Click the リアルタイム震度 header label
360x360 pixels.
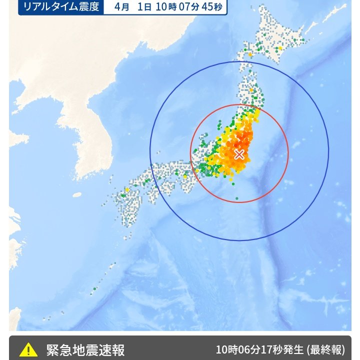pyautogui.click(x=61, y=7)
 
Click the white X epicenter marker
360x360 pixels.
pyautogui.click(x=239, y=154)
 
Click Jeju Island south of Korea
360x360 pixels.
pyautogui.click(x=76, y=195)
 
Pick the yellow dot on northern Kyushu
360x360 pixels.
pyautogui.click(x=127, y=190)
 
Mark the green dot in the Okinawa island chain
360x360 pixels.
pyautogui.click(x=94, y=288)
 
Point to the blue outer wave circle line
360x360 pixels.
pyautogui.click(x=328, y=150)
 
